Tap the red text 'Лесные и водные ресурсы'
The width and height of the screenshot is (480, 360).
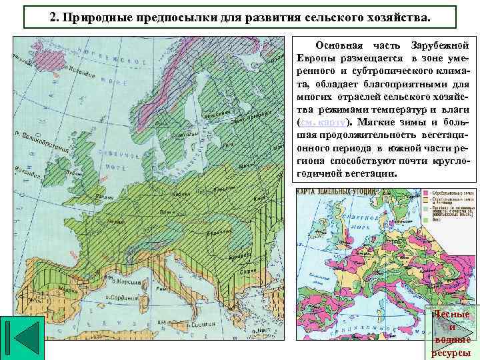[451, 333]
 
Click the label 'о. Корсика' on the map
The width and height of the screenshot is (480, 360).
[124, 281]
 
